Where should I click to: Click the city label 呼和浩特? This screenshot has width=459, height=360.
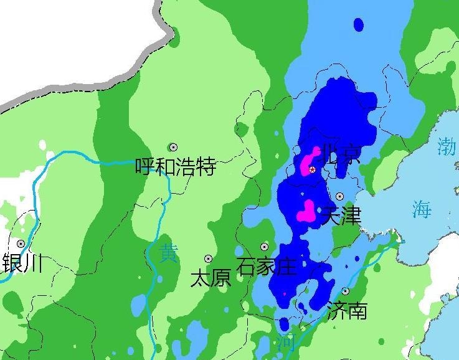[x=176, y=167]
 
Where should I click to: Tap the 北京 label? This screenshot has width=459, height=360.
[x=338, y=154]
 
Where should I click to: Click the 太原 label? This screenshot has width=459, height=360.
[x=211, y=277]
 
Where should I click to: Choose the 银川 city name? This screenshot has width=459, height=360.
[x=23, y=263]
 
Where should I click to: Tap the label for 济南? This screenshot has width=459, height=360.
[x=347, y=310]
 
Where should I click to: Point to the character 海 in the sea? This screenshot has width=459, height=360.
[x=421, y=209]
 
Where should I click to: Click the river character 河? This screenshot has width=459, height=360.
[x=286, y=342]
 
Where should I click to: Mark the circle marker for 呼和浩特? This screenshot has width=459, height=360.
[x=174, y=148]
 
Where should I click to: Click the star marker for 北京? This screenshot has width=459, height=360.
[x=313, y=169]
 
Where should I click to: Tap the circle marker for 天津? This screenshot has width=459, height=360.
[x=339, y=196]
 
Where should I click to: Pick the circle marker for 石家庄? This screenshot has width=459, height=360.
[x=265, y=247]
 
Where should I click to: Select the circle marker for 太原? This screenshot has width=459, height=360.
[x=208, y=258]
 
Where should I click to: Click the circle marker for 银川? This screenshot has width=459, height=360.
[x=21, y=244]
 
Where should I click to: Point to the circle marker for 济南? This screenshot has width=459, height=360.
[x=345, y=291]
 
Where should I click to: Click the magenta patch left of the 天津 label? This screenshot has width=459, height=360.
[x=306, y=212]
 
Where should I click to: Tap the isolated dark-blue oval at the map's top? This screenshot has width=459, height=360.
[x=358, y=25]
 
